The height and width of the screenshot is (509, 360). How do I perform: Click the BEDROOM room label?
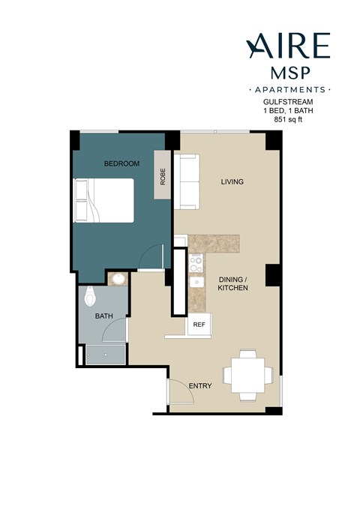pos(121,163)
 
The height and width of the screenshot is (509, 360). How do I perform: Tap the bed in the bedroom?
pos(103,201)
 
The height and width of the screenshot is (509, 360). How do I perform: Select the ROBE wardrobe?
pos(163,175)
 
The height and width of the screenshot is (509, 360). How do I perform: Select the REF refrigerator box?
pos(199,325)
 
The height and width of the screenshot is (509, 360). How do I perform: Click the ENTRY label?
pos(200,386)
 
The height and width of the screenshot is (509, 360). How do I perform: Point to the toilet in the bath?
pos(89,297)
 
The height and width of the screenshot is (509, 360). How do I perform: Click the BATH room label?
pos(103,316)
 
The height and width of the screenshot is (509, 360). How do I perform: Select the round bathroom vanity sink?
pos(118,280)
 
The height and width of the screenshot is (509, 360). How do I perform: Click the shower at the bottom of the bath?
pos(103,355)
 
